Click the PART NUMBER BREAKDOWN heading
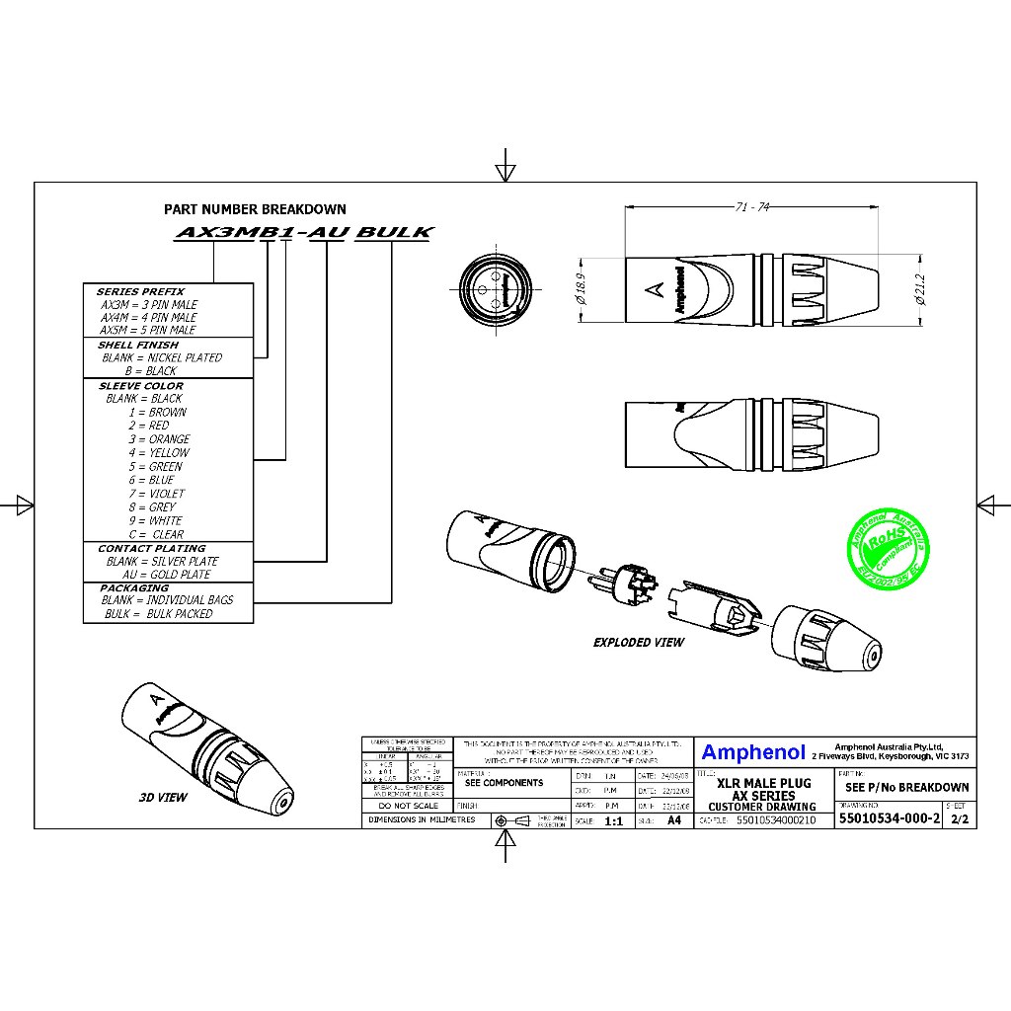tap(255, 209)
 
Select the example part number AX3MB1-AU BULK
tap(303, 233)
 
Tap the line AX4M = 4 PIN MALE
tap(148, 318)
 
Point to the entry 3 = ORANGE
tap(159, 439)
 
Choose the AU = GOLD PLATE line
tap(167, 575)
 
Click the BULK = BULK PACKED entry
tap(159, 614)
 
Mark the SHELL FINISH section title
tap(138, 346)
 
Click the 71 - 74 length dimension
tap(752, 207)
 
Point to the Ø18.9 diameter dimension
tap(580, 289)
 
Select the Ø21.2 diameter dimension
tap(920, 289)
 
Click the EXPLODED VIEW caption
tap(638, 643)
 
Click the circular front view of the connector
tap(497, 289)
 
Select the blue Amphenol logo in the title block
tap(753, 753)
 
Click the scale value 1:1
tap(613, 820)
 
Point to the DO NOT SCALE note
tap(408, 806)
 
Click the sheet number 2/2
tap(959, 819)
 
